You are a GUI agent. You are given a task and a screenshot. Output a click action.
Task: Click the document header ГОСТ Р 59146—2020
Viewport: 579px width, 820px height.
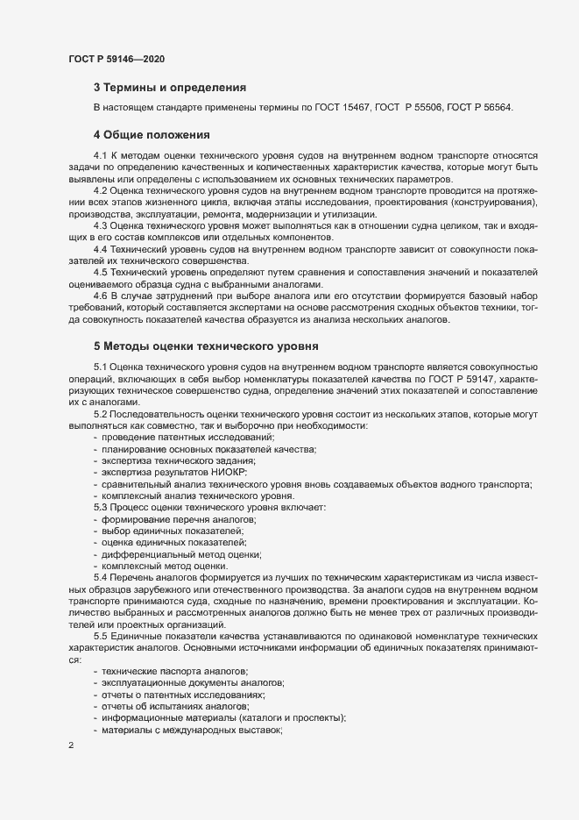click(117, 59)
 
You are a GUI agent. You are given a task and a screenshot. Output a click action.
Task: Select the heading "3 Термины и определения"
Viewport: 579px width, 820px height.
click(169, 88)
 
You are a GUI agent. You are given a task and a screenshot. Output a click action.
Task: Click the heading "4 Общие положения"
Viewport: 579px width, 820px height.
click(152, 135)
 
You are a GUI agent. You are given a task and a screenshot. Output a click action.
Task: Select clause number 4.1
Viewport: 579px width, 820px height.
click(100, 155)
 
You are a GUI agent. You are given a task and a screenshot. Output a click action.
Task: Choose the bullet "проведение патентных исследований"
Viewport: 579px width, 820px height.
click(188, 437)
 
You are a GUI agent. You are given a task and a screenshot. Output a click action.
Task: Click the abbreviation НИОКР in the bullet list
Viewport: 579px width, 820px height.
click(229, 472)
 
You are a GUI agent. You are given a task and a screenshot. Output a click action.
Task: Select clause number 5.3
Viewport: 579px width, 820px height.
click(100, 508)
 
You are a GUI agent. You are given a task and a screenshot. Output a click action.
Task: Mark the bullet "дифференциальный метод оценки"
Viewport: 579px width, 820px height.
click(181, 554)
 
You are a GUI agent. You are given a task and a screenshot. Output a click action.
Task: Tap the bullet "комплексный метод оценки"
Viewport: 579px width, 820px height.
click(166, 567)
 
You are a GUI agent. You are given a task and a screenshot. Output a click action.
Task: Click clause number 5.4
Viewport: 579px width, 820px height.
click(100, 578)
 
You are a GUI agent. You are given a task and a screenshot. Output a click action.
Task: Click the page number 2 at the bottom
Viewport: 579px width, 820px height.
click(71, 746)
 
